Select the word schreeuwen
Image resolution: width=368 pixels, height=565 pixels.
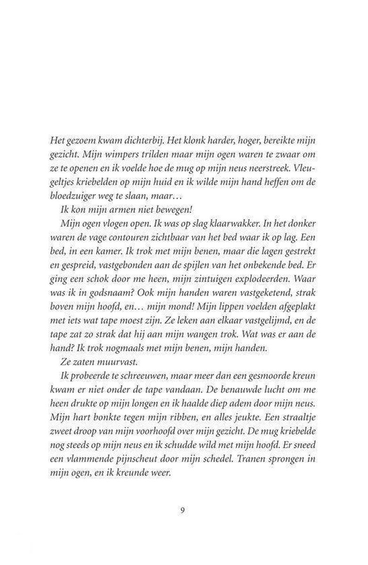point(143,379)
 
